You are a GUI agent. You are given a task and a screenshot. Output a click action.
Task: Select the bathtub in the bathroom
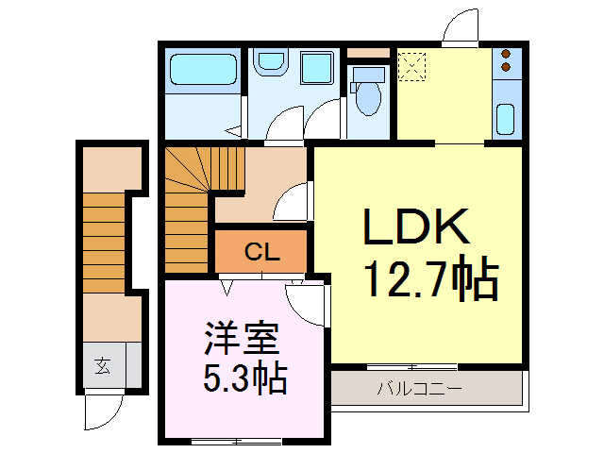[x=203, y=71]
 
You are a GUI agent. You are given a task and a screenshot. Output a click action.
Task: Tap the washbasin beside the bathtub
[x=272, y=64]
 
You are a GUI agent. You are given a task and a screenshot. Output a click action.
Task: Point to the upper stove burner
[x=506, y=55]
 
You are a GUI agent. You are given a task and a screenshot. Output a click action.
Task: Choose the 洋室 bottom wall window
[x=238, y=441]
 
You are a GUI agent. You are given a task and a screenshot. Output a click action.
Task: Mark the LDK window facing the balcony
[x=411, y=366]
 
